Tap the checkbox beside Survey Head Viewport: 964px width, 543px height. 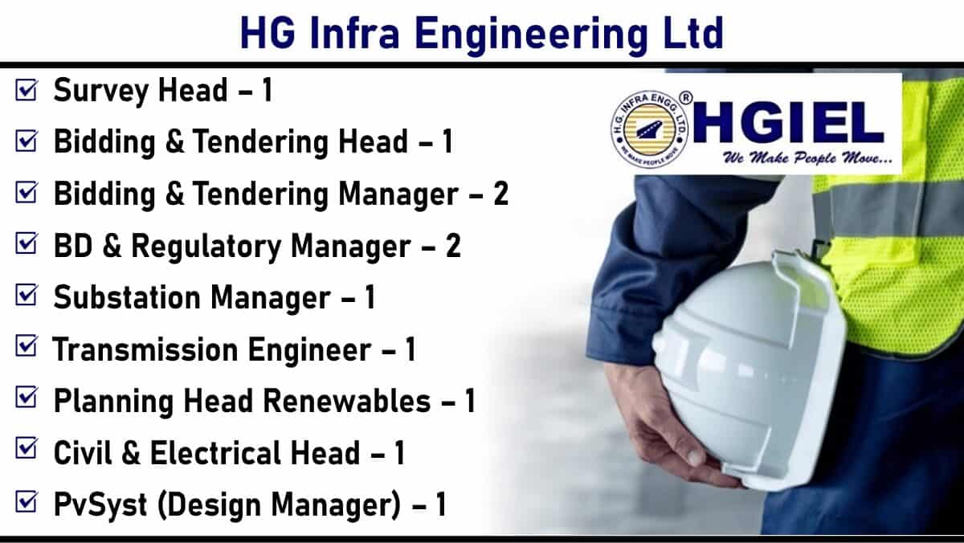(27, 89)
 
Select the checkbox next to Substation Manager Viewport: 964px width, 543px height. (27, 295)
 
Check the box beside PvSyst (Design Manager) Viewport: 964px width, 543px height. (27, 502)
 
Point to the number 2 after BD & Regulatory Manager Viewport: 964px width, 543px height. (453, 246)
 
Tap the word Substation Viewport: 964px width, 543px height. (127, 297)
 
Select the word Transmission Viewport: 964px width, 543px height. (145, 349)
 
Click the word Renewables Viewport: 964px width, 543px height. (346, 401)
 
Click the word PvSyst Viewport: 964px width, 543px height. (100, 505)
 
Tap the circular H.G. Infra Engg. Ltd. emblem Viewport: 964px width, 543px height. (650, 129)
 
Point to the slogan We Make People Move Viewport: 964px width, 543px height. (807, 158)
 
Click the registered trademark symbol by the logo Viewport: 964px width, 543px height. (685, 98)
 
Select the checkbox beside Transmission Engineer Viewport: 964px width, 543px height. (27, 346)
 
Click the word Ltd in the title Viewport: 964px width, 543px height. (694, 34)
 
